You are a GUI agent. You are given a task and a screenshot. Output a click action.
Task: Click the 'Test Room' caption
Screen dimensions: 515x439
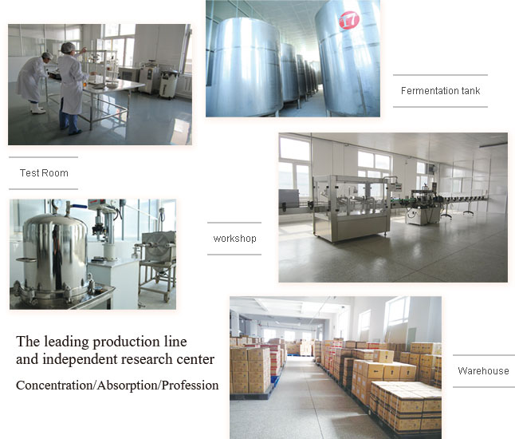click(44, 173)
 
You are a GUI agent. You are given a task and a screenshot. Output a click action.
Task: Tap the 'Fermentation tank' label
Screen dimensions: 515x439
click(440, 91)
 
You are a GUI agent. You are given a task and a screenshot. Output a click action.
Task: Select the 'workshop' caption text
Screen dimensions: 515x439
click(234, 239)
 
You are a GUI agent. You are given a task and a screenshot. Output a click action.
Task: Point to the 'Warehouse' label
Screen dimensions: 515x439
click(483, 371)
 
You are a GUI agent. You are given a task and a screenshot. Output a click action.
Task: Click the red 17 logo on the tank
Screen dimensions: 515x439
click(349, 20)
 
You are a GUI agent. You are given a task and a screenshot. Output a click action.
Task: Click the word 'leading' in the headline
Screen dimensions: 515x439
click(67, 342)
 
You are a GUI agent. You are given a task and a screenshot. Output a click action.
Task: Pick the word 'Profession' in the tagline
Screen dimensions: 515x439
click(190, 385)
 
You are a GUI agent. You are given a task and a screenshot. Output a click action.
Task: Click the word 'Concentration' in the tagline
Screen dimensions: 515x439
click(55, 385)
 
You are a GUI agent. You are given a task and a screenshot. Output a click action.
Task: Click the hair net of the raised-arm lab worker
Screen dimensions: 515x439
click(68, 47)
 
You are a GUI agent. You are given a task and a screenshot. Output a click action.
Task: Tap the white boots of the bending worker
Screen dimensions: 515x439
click(37, 109)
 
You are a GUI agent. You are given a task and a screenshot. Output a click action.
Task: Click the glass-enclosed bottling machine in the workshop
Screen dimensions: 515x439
click(352, 208)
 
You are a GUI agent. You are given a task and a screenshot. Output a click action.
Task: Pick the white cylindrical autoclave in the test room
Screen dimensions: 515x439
click(169, 84)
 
